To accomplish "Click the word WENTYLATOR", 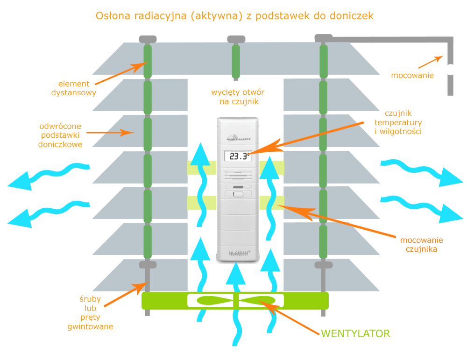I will pos(355,334).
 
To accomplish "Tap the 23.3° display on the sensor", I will pos(238,156).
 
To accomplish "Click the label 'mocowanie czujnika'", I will pos(421,245).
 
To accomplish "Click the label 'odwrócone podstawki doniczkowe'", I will pos(61,135).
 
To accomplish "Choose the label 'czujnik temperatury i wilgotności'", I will pos(398,122).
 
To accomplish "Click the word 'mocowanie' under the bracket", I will pos(412,75).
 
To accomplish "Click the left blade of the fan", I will pos(213,300).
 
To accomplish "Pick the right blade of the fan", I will pos(260,300).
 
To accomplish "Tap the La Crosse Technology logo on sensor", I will pos(238,253).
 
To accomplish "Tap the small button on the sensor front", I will pos(238,195).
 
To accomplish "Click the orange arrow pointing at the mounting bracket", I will pos(430,62).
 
